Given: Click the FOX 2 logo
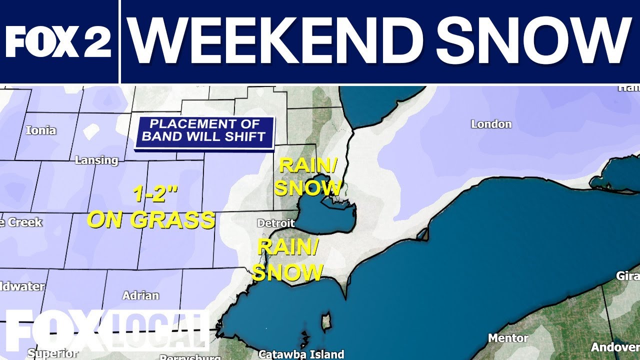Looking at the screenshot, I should [58, 41].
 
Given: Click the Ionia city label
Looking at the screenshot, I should [40, 131].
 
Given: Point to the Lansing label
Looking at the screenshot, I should [96, 160].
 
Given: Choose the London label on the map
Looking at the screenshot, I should [491, 124].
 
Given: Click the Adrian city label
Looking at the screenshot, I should [140, 295].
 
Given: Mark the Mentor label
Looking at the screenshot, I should [508, 338].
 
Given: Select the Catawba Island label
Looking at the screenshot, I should [301, 354].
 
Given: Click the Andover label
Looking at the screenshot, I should [614, 347].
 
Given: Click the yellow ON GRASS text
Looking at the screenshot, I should [150, 220].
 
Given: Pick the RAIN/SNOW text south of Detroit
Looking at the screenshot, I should [287, 259].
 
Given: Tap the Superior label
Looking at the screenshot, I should [52, 353].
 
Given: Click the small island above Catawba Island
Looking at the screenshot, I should [326, 322].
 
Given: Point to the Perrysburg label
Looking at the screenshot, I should [190, 357].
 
